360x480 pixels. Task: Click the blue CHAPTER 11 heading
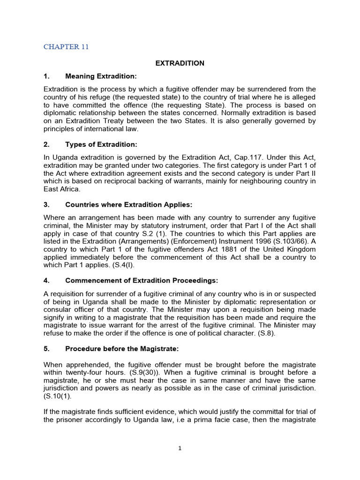tap(66, 46)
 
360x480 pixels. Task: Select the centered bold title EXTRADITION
tap(180, 63)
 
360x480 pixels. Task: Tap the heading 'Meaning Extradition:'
tap(101, 76)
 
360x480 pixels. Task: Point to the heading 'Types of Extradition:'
tap(101, 144)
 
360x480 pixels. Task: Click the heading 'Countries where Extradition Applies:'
tap(129, 205)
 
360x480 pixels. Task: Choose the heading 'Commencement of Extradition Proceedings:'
tap(142, 280)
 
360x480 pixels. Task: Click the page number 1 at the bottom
tap(180, 448)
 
